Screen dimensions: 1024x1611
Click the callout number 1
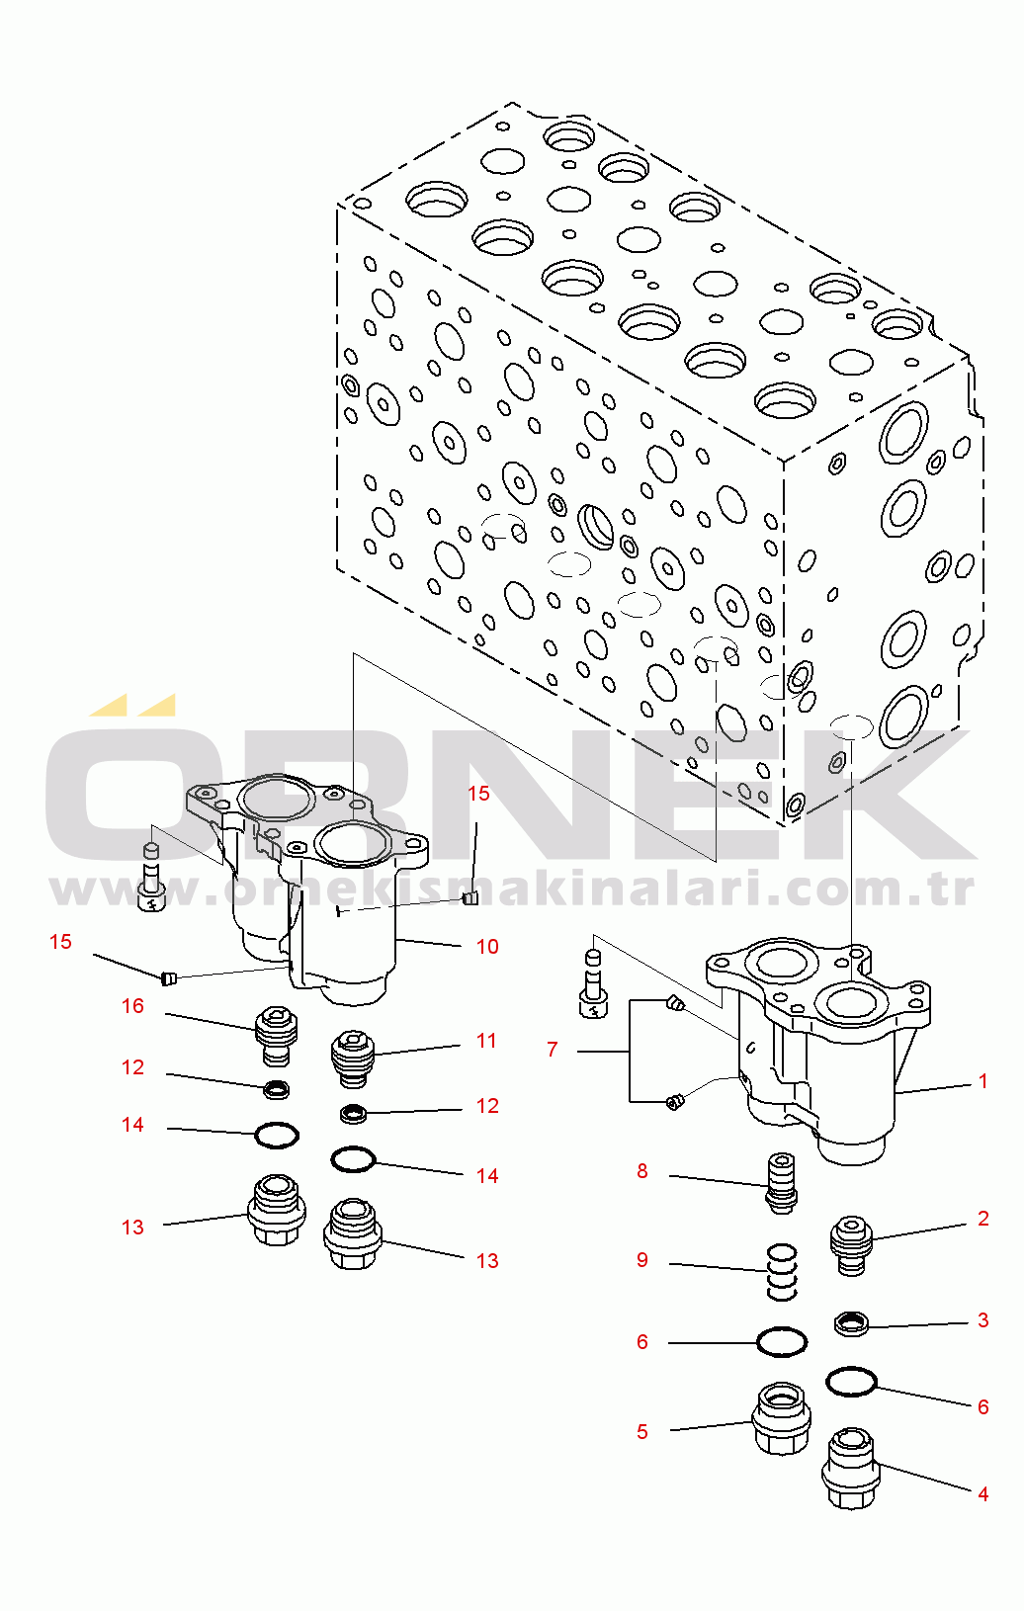pos(982,1081)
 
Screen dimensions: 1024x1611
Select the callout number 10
pos(487,947)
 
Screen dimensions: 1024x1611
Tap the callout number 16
pos(132,1006)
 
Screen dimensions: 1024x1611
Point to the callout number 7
pos(552,1050)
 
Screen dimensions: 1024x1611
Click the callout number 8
pos(642,1171)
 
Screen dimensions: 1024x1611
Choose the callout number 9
pos(642,1260)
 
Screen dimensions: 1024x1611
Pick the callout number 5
pos(642,1431)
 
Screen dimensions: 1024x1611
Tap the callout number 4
pos(983,1493)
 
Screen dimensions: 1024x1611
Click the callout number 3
pos(983,1319)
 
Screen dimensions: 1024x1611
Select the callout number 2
pos(983,1219)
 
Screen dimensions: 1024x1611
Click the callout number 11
pos(486,1041)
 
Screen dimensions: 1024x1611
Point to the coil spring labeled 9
pos(781,1272)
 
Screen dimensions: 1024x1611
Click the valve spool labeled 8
pos(782,1183)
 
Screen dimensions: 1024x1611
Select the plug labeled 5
pos(781,1417)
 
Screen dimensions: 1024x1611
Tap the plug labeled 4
pos(851,1468)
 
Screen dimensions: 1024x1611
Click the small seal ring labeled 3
pos(851,1323)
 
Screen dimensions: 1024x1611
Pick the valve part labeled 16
pos(277,1035)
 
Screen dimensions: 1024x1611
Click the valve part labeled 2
pos(851,1245)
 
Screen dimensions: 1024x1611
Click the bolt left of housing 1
pos(592,984)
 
